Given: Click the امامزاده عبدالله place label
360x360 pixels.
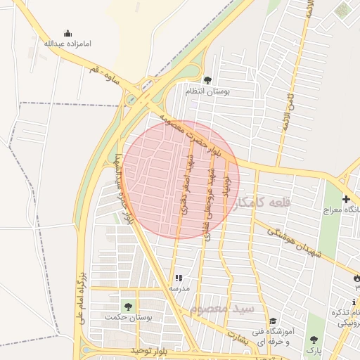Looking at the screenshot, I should click(x=67, y=43).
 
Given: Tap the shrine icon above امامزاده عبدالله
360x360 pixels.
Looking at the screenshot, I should click(x=67, y=33).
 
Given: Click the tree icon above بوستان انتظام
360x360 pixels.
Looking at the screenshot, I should click(x=207, y=80).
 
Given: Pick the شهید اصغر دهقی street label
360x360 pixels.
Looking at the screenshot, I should click(x=186, y=184).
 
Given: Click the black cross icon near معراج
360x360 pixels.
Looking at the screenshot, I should click(x=345, y=199).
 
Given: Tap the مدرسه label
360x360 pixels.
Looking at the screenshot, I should click(x=178, y=289).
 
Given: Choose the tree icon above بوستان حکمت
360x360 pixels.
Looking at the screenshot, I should click(x=127, y=307).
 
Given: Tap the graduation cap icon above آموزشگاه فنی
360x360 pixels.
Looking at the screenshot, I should click(x=273, y=321).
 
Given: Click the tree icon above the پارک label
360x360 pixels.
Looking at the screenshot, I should click(x=314, y=340).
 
